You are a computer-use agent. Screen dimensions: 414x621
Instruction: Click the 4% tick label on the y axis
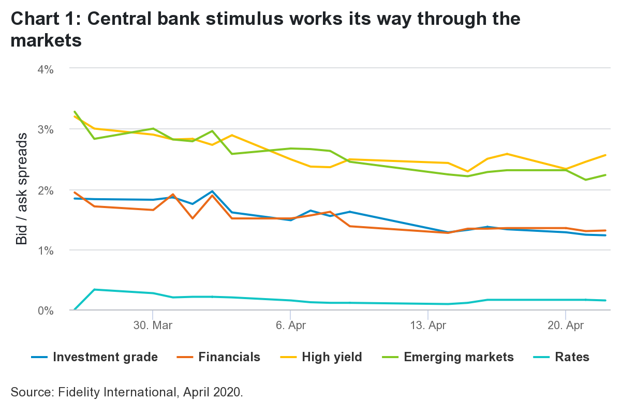(x=44, y=68)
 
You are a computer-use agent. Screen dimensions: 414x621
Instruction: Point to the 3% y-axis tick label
(x=44, y=129)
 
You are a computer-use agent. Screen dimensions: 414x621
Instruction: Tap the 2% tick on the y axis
(x=44, y=190)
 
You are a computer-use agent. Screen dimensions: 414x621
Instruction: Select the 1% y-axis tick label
(x=44, y=250)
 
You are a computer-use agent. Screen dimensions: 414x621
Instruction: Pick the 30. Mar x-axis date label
(x=153, y=326)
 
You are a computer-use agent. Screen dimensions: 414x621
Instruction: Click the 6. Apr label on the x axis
(x=291, y=326)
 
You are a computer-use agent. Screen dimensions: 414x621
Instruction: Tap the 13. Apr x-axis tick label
(x=428, y=326)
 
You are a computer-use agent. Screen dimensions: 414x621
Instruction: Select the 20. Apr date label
(x=566, y=326)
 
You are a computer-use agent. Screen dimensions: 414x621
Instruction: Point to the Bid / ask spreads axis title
(x=22, y=189)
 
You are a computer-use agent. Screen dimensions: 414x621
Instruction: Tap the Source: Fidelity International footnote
(x=126, y=392)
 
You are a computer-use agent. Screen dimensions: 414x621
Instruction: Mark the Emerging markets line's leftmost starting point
(x=75, y=111)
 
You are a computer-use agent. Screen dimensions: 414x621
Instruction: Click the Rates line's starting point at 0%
(x=75, y=309)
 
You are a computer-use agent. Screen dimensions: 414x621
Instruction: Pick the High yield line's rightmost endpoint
(x=605, y=155)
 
